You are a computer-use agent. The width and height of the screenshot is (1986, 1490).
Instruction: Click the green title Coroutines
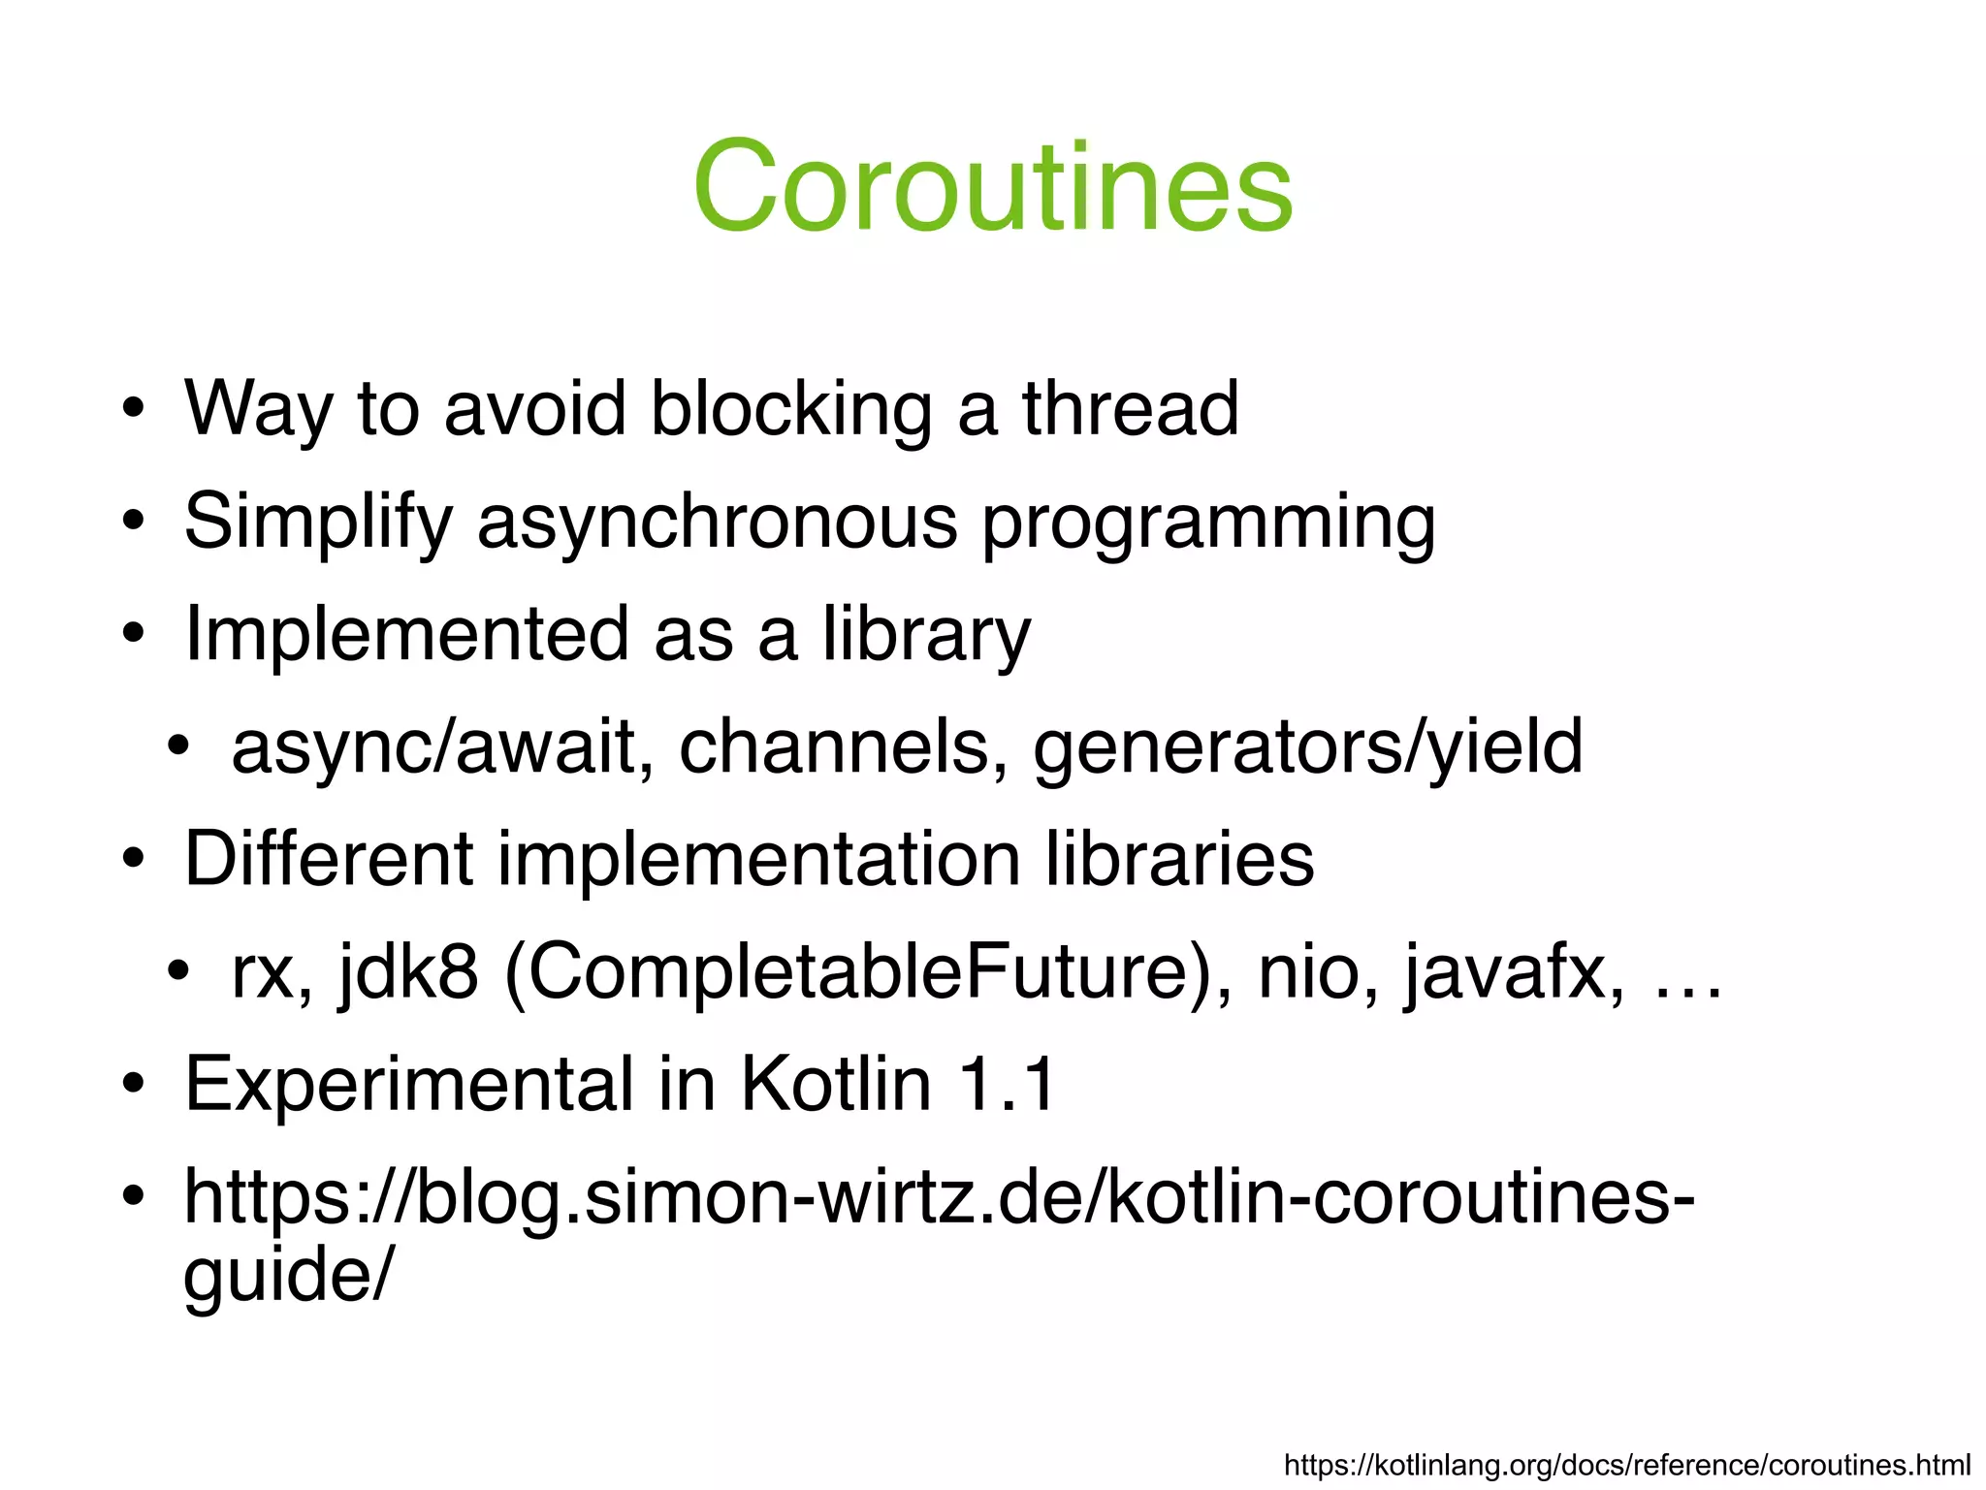tap(992, 186)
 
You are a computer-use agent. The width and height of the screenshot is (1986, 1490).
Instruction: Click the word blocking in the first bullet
tap(789, 409)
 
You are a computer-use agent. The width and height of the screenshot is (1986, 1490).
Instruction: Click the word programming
tap(1208, 523)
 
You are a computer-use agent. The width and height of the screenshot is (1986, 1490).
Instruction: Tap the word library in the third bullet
tap(926, 635)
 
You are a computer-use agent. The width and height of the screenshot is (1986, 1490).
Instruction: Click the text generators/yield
tap(1307, 747)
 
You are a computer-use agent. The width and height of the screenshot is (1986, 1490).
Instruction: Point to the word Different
tap(329, 859)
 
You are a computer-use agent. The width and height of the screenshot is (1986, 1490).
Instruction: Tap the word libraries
tap(1179, 859)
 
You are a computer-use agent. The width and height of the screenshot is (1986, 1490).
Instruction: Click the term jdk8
tap(408, 972)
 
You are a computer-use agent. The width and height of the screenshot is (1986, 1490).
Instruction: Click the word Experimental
tap(408, 1084)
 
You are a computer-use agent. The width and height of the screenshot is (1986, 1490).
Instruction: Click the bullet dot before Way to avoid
tap(134, 409)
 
